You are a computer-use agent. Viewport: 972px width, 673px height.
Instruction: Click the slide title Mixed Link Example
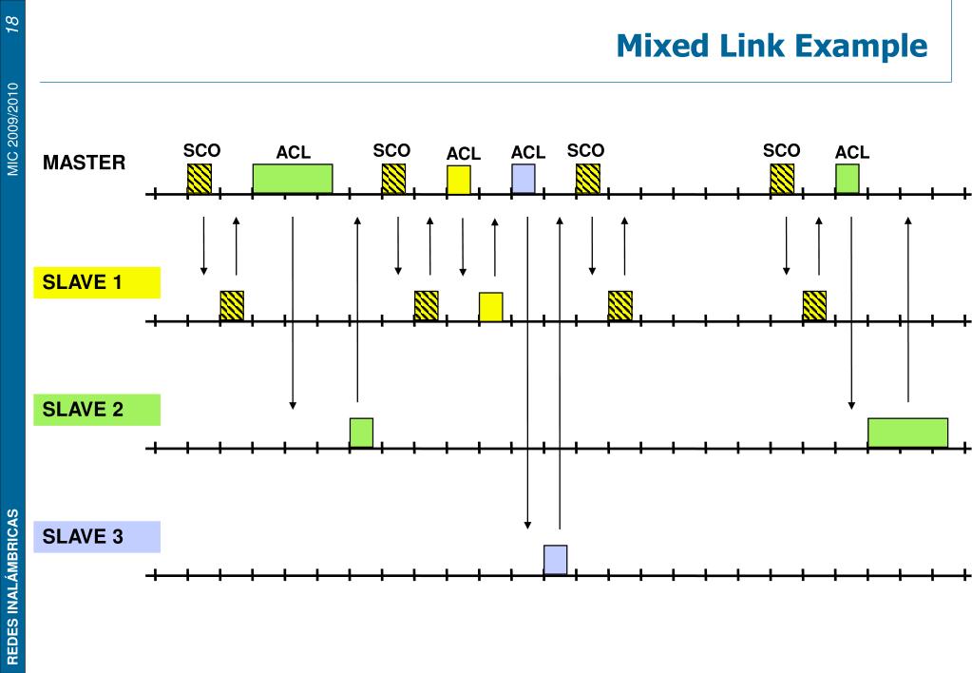click(772, 45)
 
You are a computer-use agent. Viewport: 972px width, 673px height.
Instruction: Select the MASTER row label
click(84, 163)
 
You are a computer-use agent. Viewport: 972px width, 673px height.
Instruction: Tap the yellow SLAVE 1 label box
click(97, 282)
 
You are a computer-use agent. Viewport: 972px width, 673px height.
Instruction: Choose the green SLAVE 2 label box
click(97, 410)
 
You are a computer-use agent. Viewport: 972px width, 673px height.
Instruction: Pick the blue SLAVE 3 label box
click(97, 536)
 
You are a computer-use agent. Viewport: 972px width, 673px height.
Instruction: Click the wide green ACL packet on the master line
click(293, 179)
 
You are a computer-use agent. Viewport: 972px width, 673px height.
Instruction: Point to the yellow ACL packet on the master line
click(459, 180)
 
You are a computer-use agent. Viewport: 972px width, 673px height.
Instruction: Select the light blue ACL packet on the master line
click(524, 179)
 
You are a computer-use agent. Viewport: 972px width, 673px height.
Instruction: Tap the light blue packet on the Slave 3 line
click(556, 560)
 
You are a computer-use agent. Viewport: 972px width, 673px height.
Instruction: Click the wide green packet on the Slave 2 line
click(907, 433)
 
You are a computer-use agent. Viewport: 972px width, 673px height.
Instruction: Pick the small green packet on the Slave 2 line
click(361, 433)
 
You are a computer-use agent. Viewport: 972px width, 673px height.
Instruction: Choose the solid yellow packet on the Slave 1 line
click(491, 306)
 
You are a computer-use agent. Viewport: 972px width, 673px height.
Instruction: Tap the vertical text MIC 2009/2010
click(12, 128)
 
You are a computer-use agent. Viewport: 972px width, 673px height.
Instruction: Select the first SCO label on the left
click(201, 150)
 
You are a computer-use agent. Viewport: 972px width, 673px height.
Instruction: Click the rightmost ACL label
click(852, 152)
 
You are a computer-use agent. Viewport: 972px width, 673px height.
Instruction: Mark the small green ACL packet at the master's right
click(848, 179)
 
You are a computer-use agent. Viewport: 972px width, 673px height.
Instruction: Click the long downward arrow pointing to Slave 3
click(527, 371)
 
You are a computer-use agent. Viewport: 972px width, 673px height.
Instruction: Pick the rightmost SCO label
click(781, 150)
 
